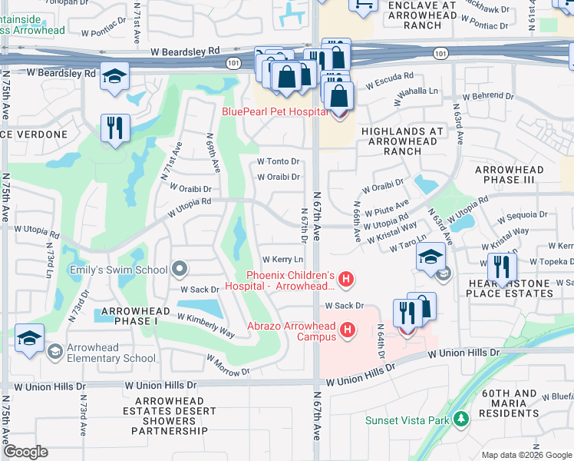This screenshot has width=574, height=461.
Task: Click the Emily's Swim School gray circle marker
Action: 180,269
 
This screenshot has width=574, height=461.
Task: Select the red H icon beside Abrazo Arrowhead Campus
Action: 348,330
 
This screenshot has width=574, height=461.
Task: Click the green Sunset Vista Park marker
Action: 460,420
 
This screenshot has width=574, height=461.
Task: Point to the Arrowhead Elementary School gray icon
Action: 54,352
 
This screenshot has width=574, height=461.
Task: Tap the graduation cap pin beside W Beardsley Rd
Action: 114,77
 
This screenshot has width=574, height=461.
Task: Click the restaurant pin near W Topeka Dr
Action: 502,267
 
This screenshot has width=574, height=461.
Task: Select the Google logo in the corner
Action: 25,452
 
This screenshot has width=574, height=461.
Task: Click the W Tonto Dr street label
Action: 278,161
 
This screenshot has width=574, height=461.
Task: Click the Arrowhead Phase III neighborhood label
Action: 509,174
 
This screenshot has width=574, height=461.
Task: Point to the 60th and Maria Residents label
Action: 510,403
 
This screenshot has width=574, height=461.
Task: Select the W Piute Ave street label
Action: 387,208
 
